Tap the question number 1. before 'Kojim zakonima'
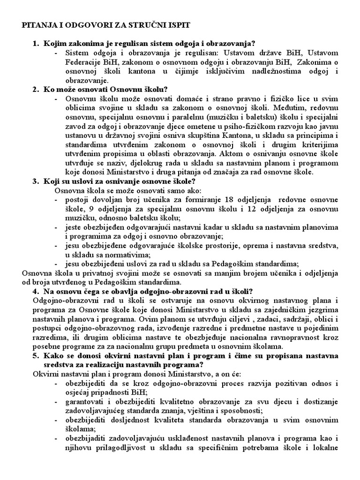pos(36,44)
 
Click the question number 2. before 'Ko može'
pos(36,89)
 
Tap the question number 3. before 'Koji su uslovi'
pos(36,181)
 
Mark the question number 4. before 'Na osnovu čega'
pos(36,291)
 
